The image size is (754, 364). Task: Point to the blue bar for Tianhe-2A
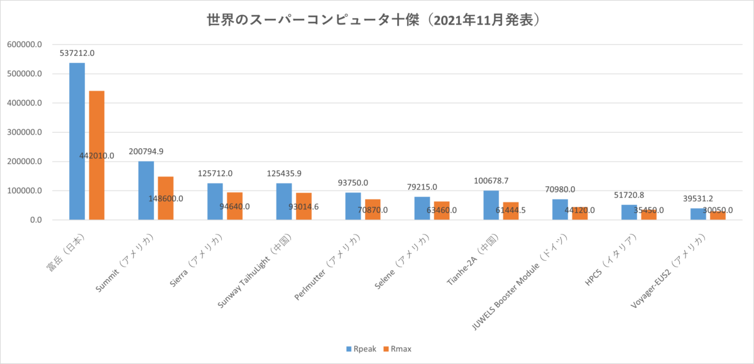tap(491, 205)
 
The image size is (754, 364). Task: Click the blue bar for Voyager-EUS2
tap(698, 214)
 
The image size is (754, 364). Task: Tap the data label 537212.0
tap(77, 53)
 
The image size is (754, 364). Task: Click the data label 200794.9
tap(146, 152)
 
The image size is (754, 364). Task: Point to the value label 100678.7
tap(491, 181)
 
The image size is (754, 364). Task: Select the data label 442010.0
tap(97, 155)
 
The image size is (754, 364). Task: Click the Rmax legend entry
tap(398, 348)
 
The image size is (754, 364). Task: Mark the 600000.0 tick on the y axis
tap(23, 45)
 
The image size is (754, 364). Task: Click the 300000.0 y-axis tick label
tap(23, 133)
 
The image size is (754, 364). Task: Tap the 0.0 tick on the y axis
tap(32, 220)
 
